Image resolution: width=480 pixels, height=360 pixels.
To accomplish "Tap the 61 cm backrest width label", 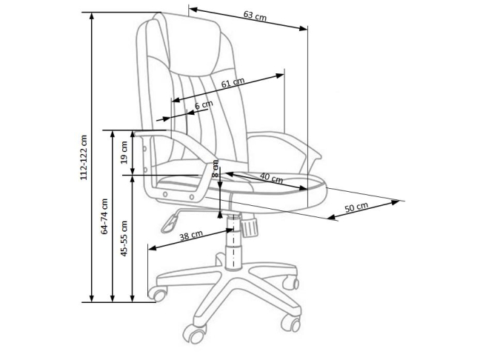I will point(232,83).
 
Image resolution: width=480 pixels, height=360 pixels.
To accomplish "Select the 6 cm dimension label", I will point(203,106).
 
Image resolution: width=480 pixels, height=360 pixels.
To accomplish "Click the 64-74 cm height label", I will point(105,216).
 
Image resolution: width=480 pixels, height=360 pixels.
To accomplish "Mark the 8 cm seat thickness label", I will point(216,168).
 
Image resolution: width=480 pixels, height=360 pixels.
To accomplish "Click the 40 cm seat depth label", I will point(271,179).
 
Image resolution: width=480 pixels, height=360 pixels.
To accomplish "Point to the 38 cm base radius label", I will point(191,236).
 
